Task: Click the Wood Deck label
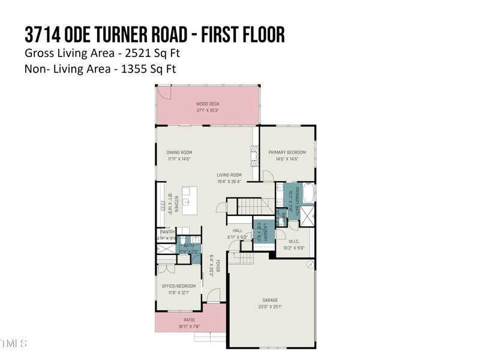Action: click(x=208, y=104)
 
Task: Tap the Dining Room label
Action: click(x=179, y=152)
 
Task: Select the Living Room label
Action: click(x=229, y=175)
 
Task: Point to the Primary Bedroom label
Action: click(x=287, y=152)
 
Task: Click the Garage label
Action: click(x=270, y=300)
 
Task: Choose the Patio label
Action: click(x=189, y=320)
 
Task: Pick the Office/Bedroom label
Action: click(x=179, y=286)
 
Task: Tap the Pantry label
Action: click(x=167, y=232)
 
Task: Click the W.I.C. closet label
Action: click(x=294, y=241)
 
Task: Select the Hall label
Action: click(x=238, y=231)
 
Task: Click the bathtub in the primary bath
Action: click(x=308, y=193)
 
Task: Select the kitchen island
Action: click(x=190, y=200)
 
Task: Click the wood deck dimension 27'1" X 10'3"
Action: click(x=208, y=110)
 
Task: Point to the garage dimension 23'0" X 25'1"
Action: click(x=270, y=307)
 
